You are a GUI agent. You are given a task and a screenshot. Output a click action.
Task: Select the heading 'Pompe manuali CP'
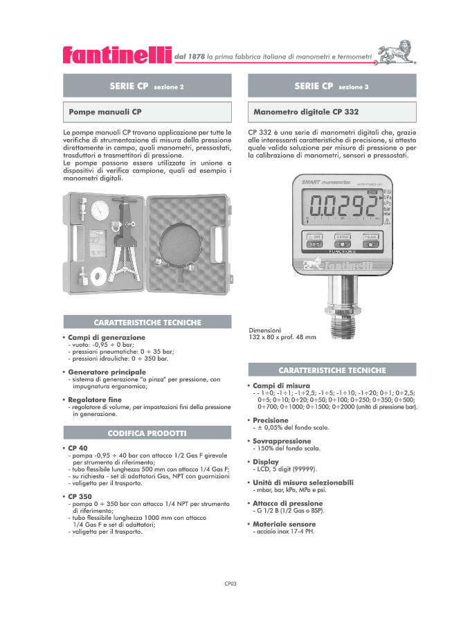105,111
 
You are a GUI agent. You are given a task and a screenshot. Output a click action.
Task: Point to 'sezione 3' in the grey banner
353,87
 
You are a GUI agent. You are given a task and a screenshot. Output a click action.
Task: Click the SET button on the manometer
314,244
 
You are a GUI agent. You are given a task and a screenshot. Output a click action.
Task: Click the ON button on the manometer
314,236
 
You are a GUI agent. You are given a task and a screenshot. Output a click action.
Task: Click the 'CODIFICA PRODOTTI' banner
147,433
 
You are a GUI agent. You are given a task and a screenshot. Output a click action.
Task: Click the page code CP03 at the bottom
230,584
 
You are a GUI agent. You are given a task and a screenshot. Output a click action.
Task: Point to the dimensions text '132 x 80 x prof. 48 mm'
282,337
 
